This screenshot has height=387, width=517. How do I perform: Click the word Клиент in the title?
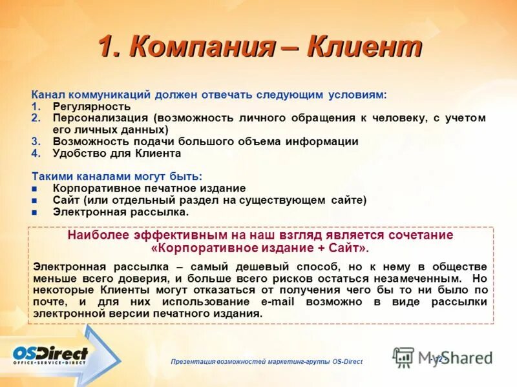pyautogui.click(x=364, y=48)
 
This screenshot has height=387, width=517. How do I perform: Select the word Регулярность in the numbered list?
pyautogui.click(x=92, y=106)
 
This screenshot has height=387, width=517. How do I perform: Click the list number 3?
pyautogui.click(x=36, y=141)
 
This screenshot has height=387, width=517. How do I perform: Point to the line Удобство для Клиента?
pyautogui.click(x=117, y=154)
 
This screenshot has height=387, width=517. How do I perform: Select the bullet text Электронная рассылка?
pyautogui.click(x=121, y=212)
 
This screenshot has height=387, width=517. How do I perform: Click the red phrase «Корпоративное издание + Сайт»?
pyautogui.click(x=260, y=248)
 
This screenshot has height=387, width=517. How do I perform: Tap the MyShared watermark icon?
pyautogui.click(x=403, y=357)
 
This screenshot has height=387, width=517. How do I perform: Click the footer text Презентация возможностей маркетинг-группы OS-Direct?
pyautogui.click(x=267, y=362)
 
